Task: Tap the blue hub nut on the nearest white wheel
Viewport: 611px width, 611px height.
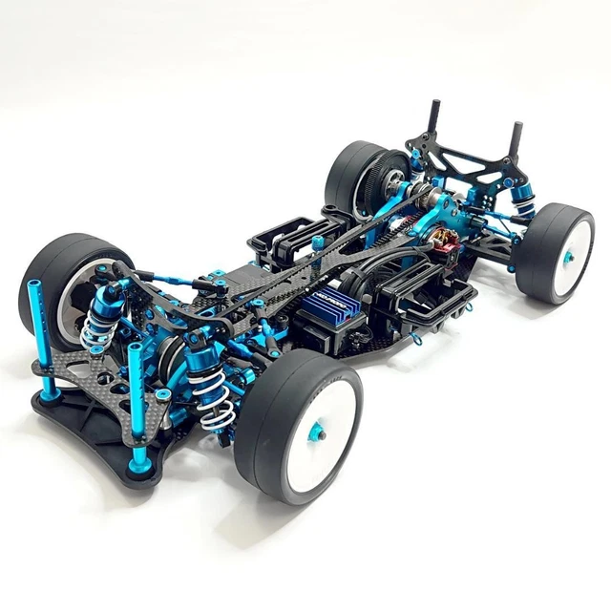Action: [x=321, y=432]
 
